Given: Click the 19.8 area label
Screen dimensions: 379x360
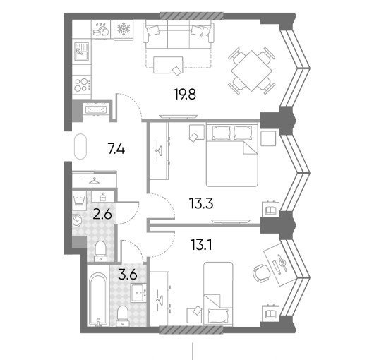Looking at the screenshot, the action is [x=185, y=95].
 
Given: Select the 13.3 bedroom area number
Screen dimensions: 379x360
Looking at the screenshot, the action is [x=201, y=203].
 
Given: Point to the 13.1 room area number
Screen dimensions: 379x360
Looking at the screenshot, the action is [x=201, y=245].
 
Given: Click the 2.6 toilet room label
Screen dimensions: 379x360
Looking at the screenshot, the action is [x=102, y=214].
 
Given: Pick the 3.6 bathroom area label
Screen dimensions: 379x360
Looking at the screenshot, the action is [x=128, y=275].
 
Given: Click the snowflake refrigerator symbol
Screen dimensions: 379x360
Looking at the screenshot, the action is [x=124, y=29].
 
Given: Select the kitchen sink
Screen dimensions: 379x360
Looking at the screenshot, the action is [x=81, y=52].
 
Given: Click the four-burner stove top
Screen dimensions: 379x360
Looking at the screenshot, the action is [x=82, y=85].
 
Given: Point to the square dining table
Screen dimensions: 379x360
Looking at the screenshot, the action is [x=252, y=71].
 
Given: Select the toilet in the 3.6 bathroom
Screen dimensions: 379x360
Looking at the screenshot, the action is [x=122, y=316].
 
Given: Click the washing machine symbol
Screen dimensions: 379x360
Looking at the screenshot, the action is [x=79, y=200].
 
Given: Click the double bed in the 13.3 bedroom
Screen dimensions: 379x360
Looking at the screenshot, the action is [x=232, y=155].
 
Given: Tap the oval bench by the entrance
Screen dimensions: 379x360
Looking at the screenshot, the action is [x=80, y=147].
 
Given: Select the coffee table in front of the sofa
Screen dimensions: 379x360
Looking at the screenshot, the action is [x=168, y=65].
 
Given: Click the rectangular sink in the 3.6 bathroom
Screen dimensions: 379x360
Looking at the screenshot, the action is [x=139, y=293].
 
